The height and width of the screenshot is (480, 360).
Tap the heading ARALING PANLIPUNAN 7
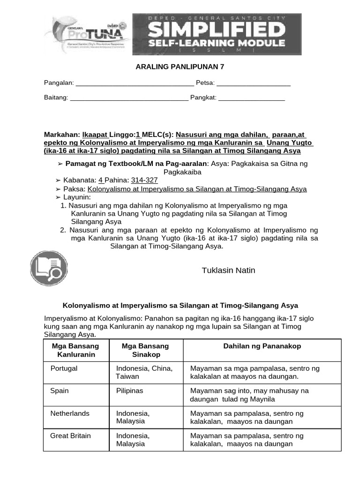pyautogui.click(x=180, y=67)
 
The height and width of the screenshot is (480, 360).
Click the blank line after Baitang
pyautogui.click(x=129, y=98)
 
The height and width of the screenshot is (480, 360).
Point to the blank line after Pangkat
pyautogui.click(x=252, y=98)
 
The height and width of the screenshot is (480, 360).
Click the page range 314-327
pyautogui.click(x=144, y=180)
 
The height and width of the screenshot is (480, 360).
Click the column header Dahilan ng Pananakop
pyautogui.click(x=262, y=346)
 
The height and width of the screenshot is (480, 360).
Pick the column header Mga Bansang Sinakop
pyautogui.click(x=145, y=350)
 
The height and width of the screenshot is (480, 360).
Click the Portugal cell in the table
pyautogui.click(x=64, y=368)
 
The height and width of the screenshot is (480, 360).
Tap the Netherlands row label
pyautogui.click(x=70, y=413)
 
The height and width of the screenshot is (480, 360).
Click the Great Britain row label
pyautogui.click(x=70, y=435)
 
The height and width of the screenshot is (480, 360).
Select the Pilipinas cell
pyautogui.click(x=130, y=390)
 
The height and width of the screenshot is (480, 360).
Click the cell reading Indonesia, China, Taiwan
pyautogui.click(x=144, y=372)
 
